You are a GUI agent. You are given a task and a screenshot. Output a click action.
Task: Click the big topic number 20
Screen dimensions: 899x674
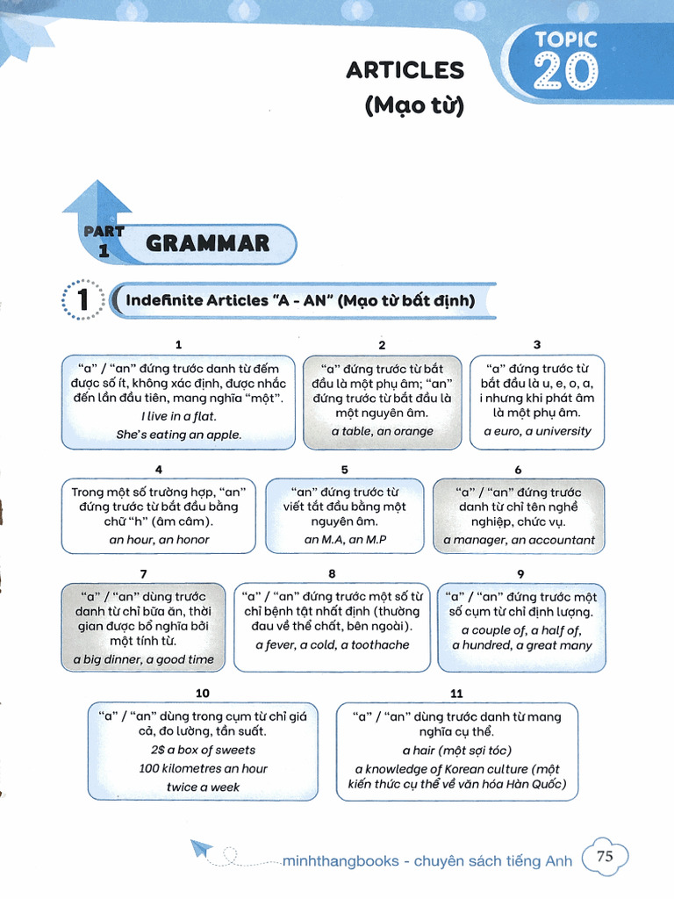click(x=566, y=72)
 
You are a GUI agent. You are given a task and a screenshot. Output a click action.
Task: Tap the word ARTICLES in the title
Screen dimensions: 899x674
click(x=405, y=70)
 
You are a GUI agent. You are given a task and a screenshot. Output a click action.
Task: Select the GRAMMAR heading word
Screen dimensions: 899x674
click(x=207, y=243)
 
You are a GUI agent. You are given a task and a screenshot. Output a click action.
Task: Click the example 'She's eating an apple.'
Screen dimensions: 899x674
click(x=178, y=435)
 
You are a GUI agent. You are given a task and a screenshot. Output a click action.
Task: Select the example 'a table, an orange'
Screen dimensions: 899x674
click(x=382, y=432)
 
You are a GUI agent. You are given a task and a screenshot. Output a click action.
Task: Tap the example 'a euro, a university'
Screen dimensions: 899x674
click(x=537, y=432)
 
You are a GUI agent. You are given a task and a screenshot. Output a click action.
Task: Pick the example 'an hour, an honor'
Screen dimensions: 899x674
click(x=159, y=540)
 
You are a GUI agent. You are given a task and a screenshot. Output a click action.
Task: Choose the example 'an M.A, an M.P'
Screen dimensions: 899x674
click(x=345, y=540)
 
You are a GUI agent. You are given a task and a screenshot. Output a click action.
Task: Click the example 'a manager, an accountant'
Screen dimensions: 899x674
click(x=519, y=540)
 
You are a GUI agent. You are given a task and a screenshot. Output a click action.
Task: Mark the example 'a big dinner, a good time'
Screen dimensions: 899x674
click(x=143, y=659)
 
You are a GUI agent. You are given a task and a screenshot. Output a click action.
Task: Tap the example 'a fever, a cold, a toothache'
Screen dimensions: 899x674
click(x=332, y=645)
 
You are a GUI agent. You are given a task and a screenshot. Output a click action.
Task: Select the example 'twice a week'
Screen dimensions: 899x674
click(x=203, y=788)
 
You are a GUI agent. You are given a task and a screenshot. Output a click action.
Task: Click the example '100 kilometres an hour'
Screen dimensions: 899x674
click(x=203, y=769)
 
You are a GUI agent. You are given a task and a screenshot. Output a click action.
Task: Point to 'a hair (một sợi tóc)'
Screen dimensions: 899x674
click(x=456, y=751)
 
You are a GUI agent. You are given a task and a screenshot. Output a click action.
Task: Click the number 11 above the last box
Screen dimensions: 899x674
click(x=456, y=694)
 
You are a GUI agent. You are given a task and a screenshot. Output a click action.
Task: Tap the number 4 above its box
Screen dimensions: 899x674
click(x=158, y=470)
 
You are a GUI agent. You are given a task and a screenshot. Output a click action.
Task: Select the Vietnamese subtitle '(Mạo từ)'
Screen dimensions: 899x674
click(x=413, y=107)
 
